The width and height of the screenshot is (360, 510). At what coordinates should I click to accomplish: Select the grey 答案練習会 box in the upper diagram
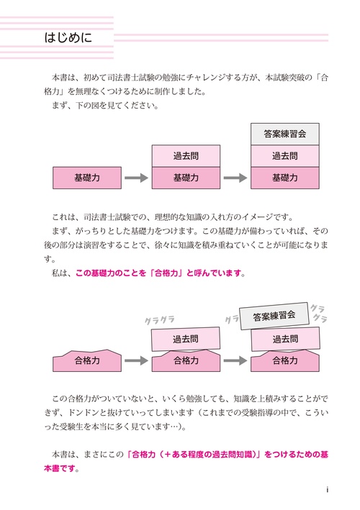pyautogui.click(x=285, y=134)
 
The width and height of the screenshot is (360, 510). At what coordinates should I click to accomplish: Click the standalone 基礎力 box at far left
pyautogui.click(x=86, y=177)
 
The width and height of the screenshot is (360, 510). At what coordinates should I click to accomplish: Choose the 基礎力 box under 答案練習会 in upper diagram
pyautogui.click(x=285, y=177)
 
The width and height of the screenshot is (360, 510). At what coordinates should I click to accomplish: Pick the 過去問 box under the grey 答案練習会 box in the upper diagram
pyautogui.click(x=285, y=155)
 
